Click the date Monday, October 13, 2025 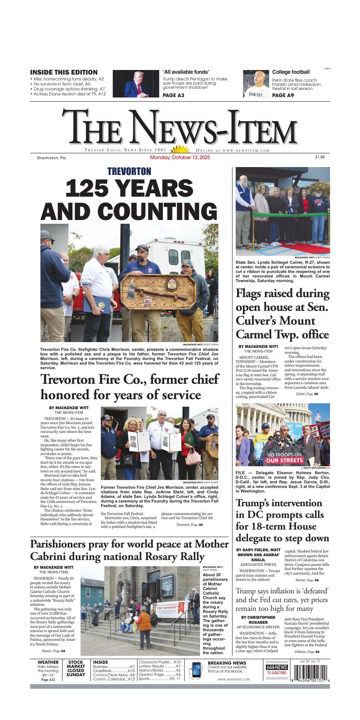click(180, 158)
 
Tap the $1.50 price click(320, 157)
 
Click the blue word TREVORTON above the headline click(129, 171)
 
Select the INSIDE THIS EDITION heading click(64, 72)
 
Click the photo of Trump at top click(136, 84)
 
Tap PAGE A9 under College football click(283, 95)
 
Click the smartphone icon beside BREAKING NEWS click(195, 670)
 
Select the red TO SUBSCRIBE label click(277, 672)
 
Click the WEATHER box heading click(48, 662)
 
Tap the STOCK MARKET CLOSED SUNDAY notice click(76, 668)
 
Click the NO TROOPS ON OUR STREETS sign click(285, 457)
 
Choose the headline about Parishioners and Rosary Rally click(129, 550)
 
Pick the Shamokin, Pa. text click(52, 158)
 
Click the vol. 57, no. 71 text click(310, 661)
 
